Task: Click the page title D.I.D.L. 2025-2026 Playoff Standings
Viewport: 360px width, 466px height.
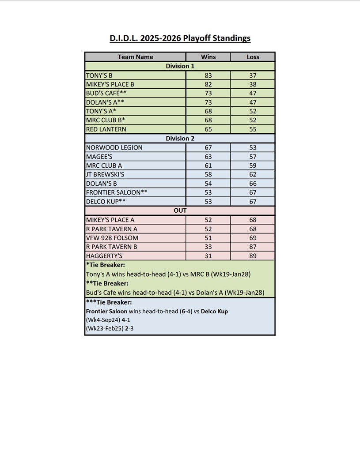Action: coord(180,38)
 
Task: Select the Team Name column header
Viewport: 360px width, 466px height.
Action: coord(135,57)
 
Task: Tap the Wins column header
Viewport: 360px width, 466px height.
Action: coord(208,57)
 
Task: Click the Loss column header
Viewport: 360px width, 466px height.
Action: coord(253,57)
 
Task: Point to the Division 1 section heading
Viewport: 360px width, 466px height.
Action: coord(180,66)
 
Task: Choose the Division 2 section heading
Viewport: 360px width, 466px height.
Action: coord(180,139)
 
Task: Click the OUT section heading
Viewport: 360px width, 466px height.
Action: coord(180,210)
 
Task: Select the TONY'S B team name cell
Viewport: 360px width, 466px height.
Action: coord(99,75)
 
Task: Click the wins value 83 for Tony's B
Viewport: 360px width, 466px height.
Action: coord(208,75)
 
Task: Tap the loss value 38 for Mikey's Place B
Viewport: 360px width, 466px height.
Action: coord(253,84)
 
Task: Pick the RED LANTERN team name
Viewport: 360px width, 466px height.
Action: coord(106,129)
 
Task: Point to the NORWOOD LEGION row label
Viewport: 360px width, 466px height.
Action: coord(114,147)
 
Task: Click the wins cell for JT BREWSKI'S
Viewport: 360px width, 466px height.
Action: coord(208,174)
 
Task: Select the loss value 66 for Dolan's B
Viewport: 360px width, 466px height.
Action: coord(253,184)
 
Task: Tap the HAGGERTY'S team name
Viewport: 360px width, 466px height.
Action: coord(104,256)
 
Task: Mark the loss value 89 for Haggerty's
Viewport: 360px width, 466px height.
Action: coord(253,256)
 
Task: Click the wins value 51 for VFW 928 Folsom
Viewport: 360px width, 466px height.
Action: coord(208,238)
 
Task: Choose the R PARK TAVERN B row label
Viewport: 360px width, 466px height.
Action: coord(112,247)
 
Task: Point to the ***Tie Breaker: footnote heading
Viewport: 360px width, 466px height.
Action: coord(109,303)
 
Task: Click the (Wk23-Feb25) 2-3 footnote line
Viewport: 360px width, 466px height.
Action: coord(108,328)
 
